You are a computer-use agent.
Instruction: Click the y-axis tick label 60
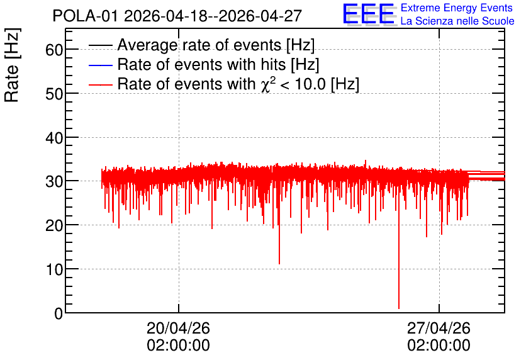[x=54, y=50]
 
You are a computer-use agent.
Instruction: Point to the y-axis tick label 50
[x=54, y=94]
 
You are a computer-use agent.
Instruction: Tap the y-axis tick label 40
[x=54, y=138]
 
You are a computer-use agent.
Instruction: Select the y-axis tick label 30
[x=54, y=181]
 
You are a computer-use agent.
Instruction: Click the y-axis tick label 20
[x=54, y=225]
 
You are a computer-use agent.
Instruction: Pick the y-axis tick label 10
[x=54, y=269]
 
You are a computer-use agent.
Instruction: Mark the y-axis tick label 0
[x=59, y=313]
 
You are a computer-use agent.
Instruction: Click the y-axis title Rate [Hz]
[x=12, y=65]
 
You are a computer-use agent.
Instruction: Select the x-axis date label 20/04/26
[x=178, y=328]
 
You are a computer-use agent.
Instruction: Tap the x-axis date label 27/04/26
[x=439, y=328]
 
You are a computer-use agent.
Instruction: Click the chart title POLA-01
[x=85, y=16]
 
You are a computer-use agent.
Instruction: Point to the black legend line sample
[x=100, y=45]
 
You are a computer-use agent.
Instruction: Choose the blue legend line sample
[x=100, y=65]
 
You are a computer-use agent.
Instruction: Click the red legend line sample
[x=100, y=84]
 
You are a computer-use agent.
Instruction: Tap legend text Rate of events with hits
[x=201, y=64]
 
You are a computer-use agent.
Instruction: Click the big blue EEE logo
[x=369, y=14]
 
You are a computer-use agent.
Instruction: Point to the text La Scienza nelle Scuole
[x=457, y=21]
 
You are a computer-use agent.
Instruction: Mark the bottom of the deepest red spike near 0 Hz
[x=399, y=308]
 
